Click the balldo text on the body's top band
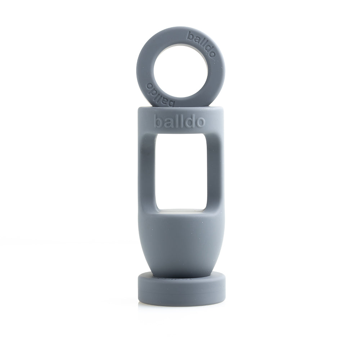[x=179, y=121]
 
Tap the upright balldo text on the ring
[x=202, y=44]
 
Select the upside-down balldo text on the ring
[x=160, y=93]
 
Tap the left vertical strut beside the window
[x=147, y=169]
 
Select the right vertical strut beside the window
[x=215, y=169]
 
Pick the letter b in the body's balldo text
[x=158, y=121]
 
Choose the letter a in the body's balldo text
[x=167, y=122]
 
